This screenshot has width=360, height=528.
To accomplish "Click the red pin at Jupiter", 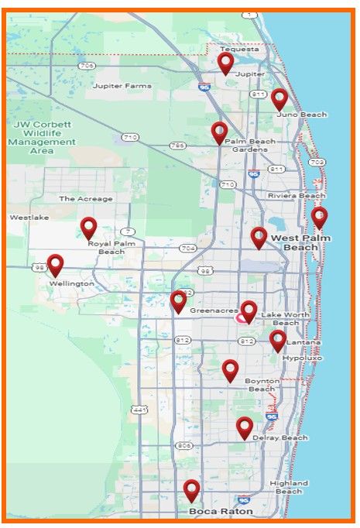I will tap(225, 62).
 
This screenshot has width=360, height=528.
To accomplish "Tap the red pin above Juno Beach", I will tap(279, 98).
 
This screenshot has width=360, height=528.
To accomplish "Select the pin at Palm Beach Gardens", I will tap(220, 132).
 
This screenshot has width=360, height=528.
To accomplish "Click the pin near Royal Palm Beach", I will tap(89, 228).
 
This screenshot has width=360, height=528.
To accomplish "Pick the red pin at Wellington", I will tap(55, 265).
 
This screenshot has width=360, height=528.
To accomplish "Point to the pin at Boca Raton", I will tap(191, 490).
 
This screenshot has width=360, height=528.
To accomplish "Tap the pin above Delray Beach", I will tap(245, 427).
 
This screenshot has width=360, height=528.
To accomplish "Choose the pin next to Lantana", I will tap(278, 340).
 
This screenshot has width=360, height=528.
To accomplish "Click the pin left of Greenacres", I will tap(178, 301).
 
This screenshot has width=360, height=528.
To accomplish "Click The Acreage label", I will tap(85, 199).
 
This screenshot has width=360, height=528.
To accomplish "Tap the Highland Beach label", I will tap(289, 487).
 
